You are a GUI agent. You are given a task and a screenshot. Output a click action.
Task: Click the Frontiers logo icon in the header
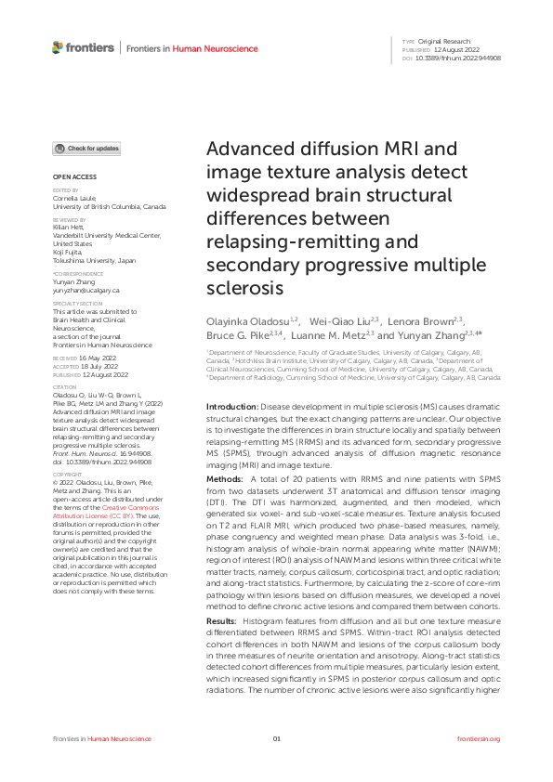pos(59,46)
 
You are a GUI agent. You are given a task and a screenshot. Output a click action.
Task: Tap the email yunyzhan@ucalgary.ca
pos(86,291)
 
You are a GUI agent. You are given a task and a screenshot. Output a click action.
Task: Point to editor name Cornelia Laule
pos(74,198)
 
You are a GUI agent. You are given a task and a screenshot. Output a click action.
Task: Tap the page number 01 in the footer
pos(276,738)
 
